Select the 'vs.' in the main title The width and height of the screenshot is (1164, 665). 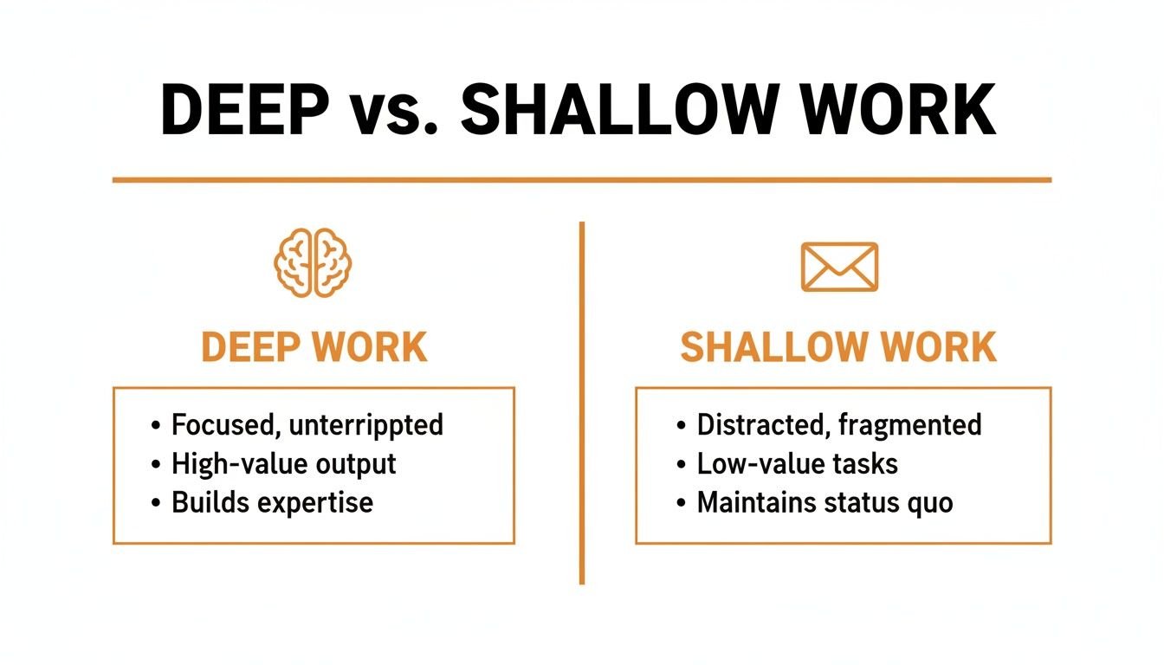click(x=395, y=110)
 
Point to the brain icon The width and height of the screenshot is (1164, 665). click(x=314, y=263)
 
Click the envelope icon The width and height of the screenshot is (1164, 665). click(x=839, y=266)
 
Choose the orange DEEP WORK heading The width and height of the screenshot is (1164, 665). click(x=314, y=347)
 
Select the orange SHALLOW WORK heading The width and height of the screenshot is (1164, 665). click(x=838, y=347)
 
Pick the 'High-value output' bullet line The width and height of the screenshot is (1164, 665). click(x=283, y=464)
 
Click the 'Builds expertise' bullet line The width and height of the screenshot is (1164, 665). click(x=272, y=503)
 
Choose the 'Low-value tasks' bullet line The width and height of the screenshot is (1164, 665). click(x=797, y=464)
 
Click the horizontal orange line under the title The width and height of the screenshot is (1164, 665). click(x=582, y=180)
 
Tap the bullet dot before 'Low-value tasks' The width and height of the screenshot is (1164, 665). click(x=681, y=465)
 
